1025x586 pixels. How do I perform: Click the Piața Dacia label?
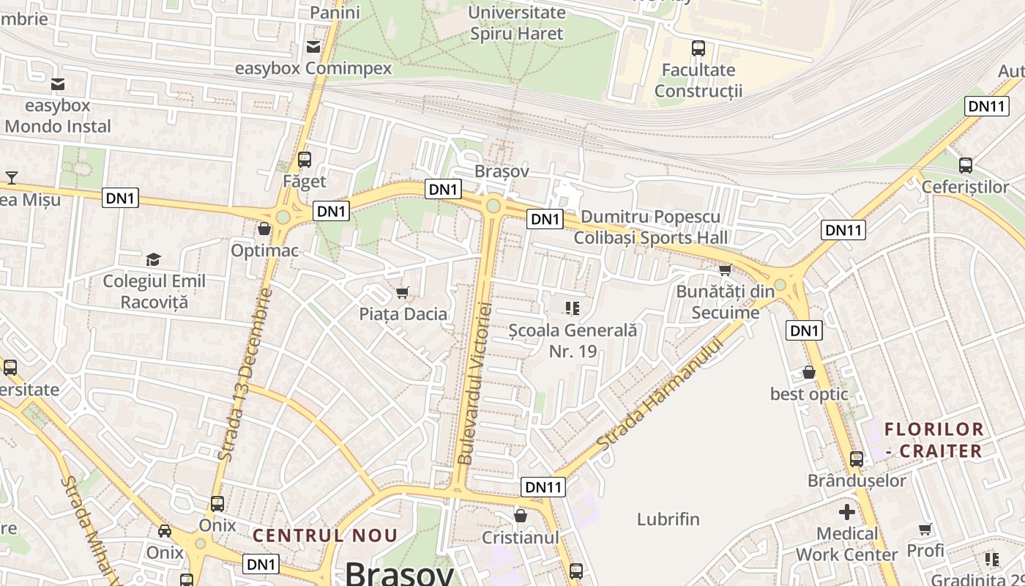pos(403,314)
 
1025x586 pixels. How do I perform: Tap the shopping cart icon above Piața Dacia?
pos(402,293)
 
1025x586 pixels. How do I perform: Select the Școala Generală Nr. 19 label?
pos(573,341)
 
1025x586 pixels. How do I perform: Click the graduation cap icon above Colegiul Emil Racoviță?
pos(153,259)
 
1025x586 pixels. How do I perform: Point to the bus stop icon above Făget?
pos(305,159)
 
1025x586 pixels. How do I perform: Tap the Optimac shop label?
pos(264,251)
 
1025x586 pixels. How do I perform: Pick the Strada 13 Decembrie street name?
pos(245,374)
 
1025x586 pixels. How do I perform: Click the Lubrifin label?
pos(668,519)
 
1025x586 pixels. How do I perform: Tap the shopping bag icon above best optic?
pos(809,372)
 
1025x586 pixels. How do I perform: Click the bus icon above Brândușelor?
pos(856,459)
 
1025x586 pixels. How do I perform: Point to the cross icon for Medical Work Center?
pos(847,511)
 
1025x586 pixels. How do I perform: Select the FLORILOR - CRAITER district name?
pos(933,439)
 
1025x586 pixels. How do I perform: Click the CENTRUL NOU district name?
pos(325,535)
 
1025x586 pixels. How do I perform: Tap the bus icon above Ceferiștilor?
pos(965,166)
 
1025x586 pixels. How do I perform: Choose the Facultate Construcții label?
pos(698,81)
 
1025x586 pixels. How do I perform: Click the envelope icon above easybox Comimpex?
pos(313,48)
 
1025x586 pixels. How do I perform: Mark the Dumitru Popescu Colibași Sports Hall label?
pos(650,227)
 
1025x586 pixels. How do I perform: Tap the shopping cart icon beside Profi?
pos(925,529)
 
